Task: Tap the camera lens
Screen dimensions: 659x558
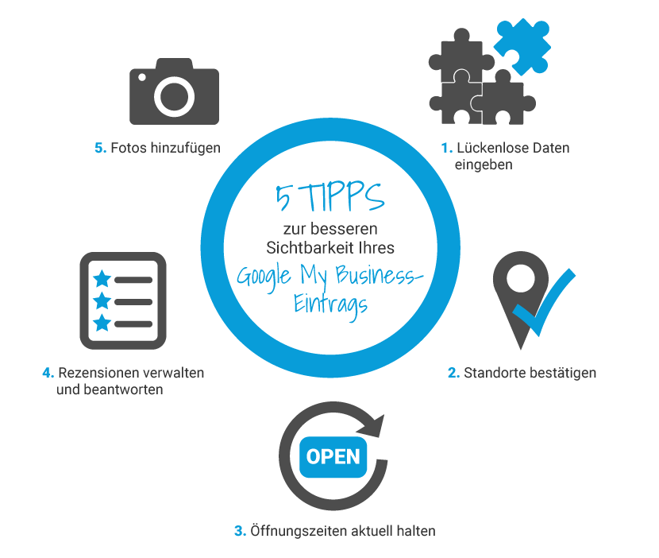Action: click(x=174, y=97)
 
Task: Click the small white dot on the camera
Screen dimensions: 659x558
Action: click(x=142, y=77)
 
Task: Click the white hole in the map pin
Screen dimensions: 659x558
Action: click(x=521, y=278)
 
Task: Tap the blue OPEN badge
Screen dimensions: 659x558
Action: click(x=333, y=457)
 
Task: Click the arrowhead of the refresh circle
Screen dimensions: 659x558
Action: click(x=372, y=426)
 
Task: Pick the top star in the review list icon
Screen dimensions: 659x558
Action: click(x=102, y=278)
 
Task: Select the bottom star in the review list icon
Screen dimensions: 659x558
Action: click(x=102, y=323)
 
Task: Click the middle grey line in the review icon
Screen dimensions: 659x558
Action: click(x=133, y=302)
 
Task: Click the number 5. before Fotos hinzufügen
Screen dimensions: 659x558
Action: click(x=101, y=148)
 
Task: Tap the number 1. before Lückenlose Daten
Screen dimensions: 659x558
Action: click(x=447, y=148)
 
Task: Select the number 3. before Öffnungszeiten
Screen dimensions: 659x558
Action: click(x=240, y=531)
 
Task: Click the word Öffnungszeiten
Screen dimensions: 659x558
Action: click(x=299, y=531)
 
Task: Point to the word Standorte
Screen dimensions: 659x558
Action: click(x=494, y=373)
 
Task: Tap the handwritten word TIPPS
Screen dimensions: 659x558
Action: click(x=343, y=197)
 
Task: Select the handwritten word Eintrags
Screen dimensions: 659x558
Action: click(x=330, y=304)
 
